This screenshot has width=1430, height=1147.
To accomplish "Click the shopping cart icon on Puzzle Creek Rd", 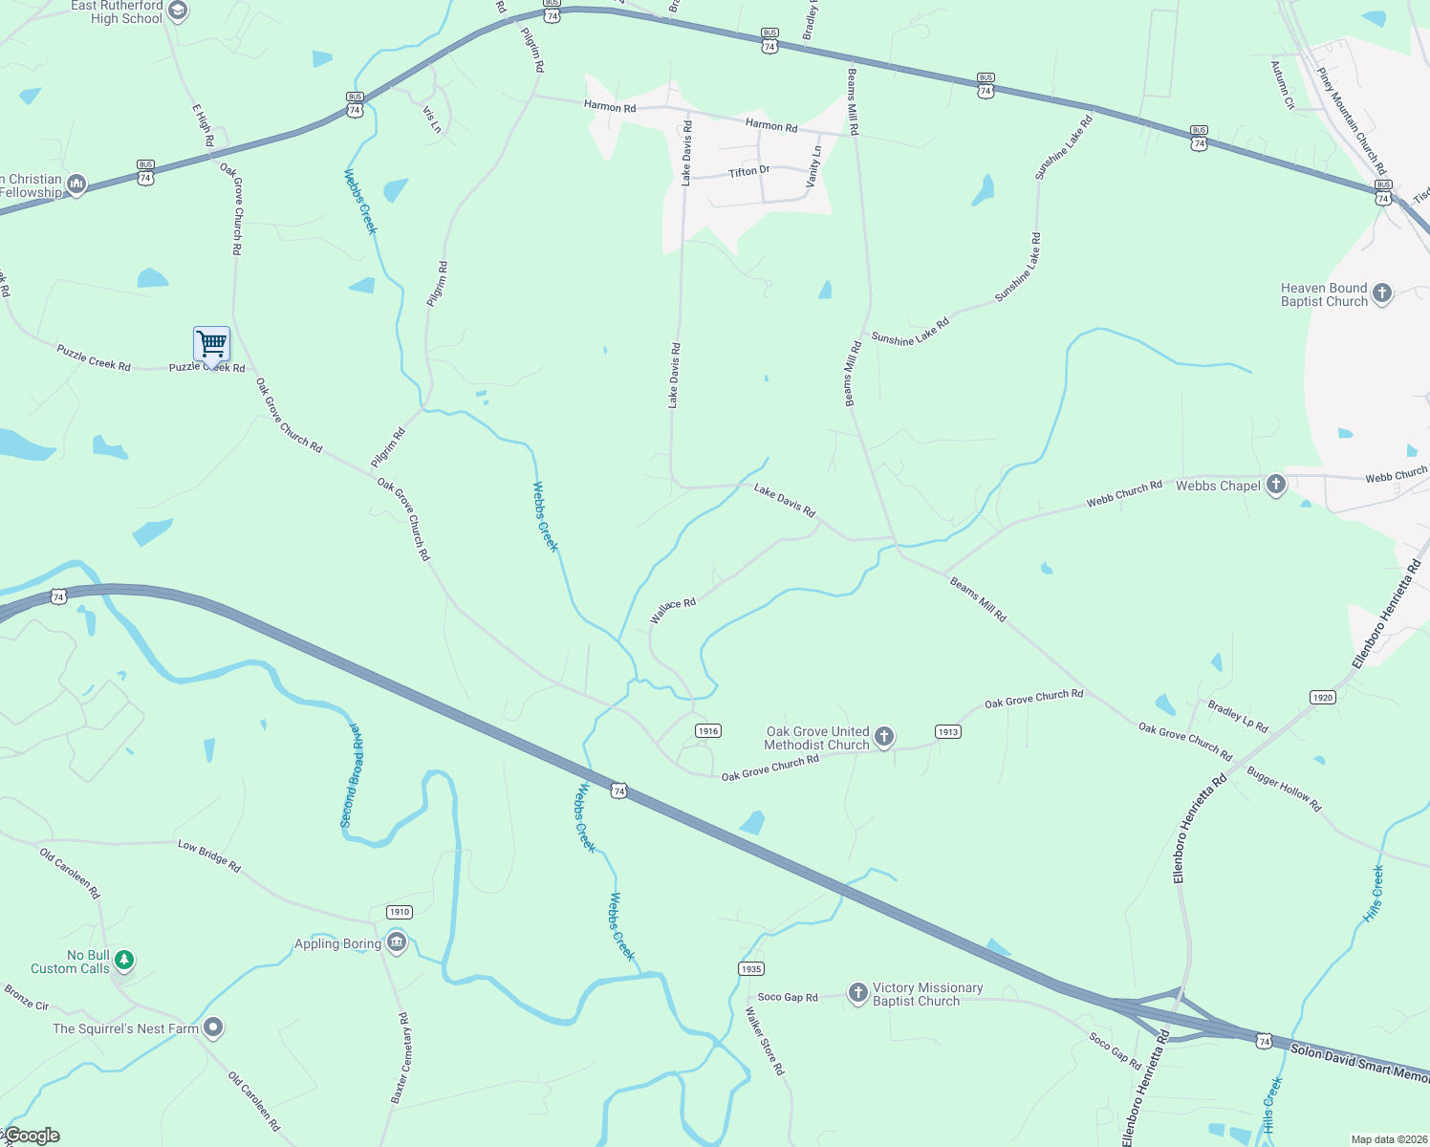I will [x=211, y=343].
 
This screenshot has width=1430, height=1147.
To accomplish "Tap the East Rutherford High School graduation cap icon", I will [x=177, y=11].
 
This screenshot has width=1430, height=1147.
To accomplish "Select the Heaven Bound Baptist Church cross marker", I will [x=1381, y=294].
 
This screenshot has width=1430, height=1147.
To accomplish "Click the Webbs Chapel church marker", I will [x=1275, y=486].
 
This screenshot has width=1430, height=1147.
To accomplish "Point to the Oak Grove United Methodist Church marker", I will [x=884, y=737].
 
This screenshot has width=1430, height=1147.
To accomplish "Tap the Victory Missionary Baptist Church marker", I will [x=857, y=993].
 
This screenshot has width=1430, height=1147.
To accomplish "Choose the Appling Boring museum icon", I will [x=396, y=943].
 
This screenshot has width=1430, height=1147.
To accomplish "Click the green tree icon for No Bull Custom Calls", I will [x=123, y=959].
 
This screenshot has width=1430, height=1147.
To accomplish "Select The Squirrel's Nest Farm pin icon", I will [x=213, y=1028].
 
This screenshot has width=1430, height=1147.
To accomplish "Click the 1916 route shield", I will [x=707, y=731].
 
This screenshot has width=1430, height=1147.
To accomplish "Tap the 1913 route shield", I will [x=947, y=732].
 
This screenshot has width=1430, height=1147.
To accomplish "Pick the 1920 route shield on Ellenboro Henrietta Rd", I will [x=1322, y=698].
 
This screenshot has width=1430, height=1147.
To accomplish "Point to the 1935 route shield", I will [x=750, y=969].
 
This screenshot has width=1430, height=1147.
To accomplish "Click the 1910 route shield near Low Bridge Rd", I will [x=399, y=912].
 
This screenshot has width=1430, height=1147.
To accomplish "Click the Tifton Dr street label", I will [x=748, y=171].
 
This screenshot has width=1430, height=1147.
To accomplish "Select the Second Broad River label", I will [x=351, y=775].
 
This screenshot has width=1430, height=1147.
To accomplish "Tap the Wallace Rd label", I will [x=673, y=610].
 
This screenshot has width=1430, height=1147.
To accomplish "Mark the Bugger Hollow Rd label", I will [x=1283, y=790].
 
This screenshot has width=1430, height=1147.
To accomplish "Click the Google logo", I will [x=32, y=1136].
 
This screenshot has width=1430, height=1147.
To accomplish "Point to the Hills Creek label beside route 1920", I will [x=1374, y=894].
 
